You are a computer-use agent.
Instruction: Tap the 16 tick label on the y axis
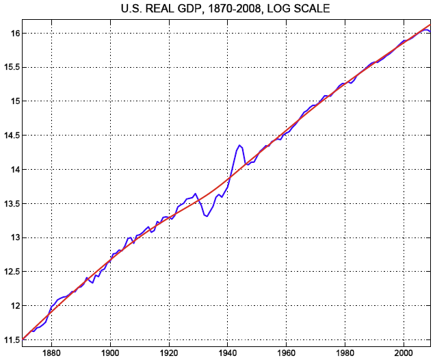(12, 33)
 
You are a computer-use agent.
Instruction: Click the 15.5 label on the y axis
(9, 67)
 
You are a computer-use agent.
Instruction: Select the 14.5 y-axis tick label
(9, 136)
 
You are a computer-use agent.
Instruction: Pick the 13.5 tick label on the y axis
(9, 204)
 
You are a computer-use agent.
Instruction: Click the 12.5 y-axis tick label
(9, 272)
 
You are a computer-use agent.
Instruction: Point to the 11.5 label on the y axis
(9, 339)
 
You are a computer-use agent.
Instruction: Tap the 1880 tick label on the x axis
(51, 352)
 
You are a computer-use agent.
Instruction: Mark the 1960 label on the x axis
(286, 352)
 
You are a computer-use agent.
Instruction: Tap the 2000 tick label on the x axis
(404, 352)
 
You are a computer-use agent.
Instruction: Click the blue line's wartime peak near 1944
(239, 144)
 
